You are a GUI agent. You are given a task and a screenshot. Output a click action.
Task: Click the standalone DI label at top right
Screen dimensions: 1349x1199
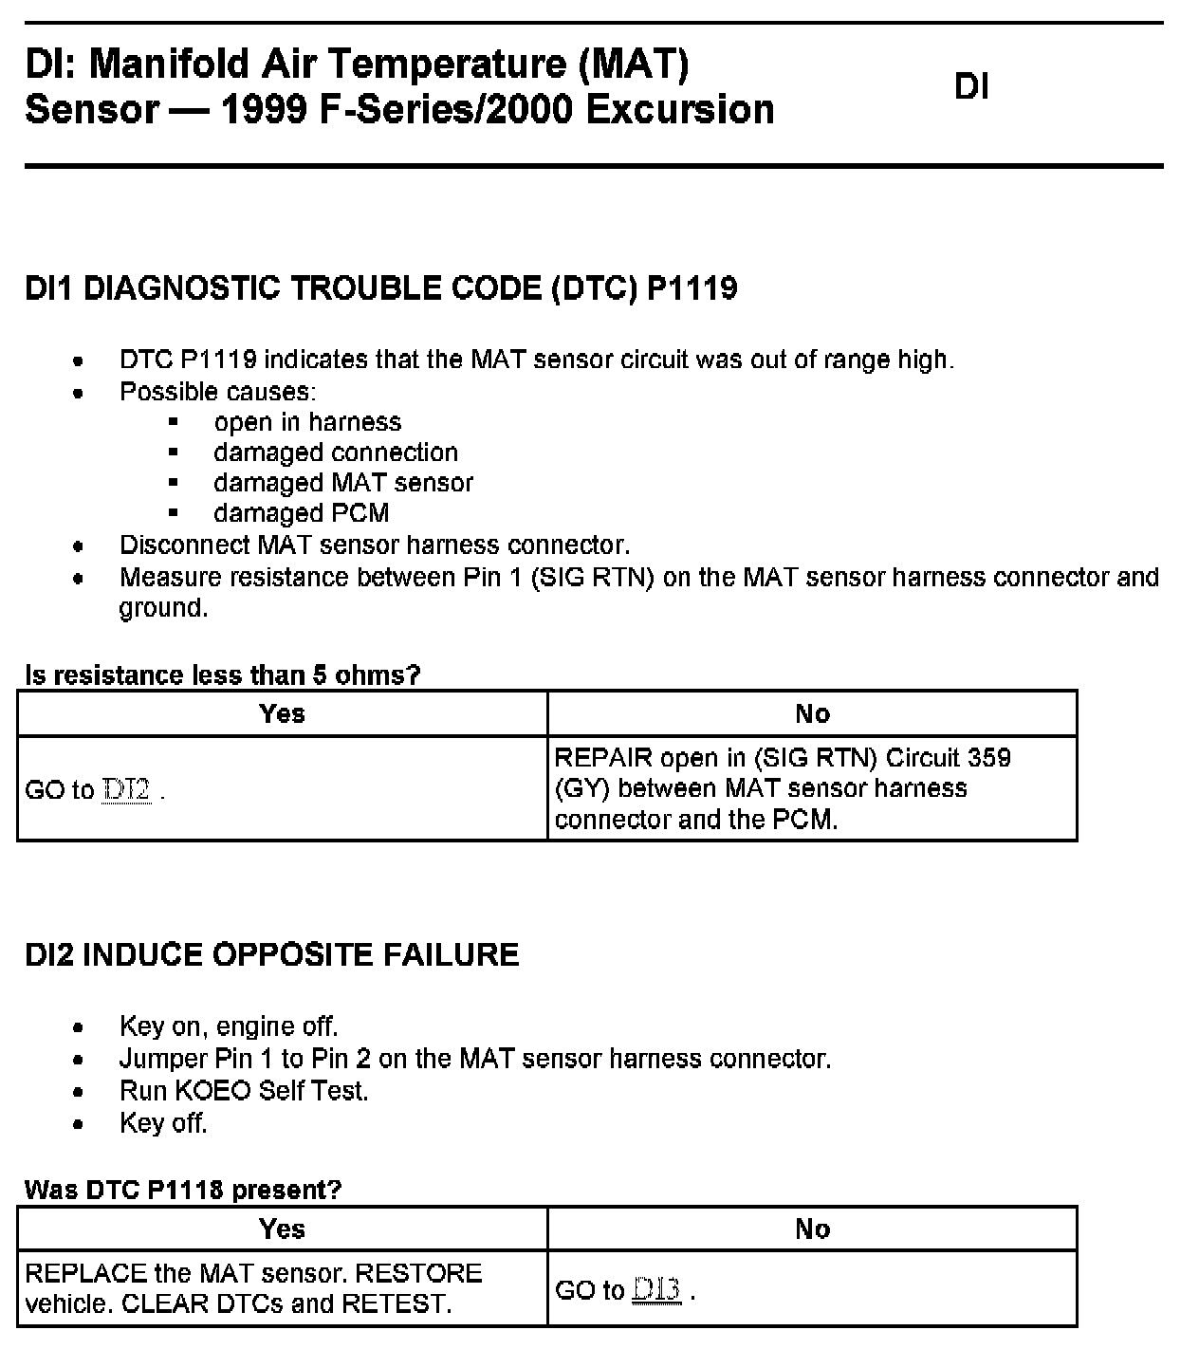(971, 86)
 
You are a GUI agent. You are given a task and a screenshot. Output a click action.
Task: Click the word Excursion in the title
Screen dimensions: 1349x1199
(680, 109)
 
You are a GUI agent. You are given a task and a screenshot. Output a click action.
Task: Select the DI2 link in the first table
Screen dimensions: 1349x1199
(126, 790)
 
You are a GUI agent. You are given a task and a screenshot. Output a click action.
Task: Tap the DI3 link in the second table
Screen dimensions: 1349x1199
(656, 1290)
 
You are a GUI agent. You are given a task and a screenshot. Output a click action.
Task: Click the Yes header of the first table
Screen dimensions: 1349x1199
(282, 713)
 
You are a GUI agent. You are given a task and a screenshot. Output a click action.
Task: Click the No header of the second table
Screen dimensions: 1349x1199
(812, 1229)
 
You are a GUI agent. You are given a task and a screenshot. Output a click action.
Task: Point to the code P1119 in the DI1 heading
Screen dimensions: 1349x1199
(692, 287)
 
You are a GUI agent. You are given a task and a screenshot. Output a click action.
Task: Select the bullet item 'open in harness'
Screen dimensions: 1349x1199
(307, 422)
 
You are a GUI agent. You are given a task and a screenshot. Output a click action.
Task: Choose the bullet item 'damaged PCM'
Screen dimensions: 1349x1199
(301, 513)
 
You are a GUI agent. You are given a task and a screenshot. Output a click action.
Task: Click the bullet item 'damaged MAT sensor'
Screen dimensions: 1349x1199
(342, 483)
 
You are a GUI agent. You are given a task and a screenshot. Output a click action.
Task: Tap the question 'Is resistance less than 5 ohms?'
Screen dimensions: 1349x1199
(222, 675)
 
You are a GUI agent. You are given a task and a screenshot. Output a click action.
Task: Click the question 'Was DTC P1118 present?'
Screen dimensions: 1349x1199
(182, 1190)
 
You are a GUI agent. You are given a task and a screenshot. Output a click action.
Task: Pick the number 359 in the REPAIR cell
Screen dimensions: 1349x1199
(989, 758)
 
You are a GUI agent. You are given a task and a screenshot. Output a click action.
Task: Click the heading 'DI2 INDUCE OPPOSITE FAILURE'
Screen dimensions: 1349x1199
(271, 954)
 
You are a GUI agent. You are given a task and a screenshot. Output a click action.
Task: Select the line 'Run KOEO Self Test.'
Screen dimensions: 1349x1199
(244, 1091)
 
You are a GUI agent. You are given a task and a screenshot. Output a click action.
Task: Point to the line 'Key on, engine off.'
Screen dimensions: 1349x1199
(229, 1026)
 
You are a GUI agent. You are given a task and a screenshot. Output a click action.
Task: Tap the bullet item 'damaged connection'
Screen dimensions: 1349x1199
(335, 453)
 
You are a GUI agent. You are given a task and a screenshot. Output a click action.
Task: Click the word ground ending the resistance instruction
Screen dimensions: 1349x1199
(162, 608)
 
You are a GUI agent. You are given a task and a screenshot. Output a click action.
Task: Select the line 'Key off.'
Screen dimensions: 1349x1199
(163, 1123)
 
